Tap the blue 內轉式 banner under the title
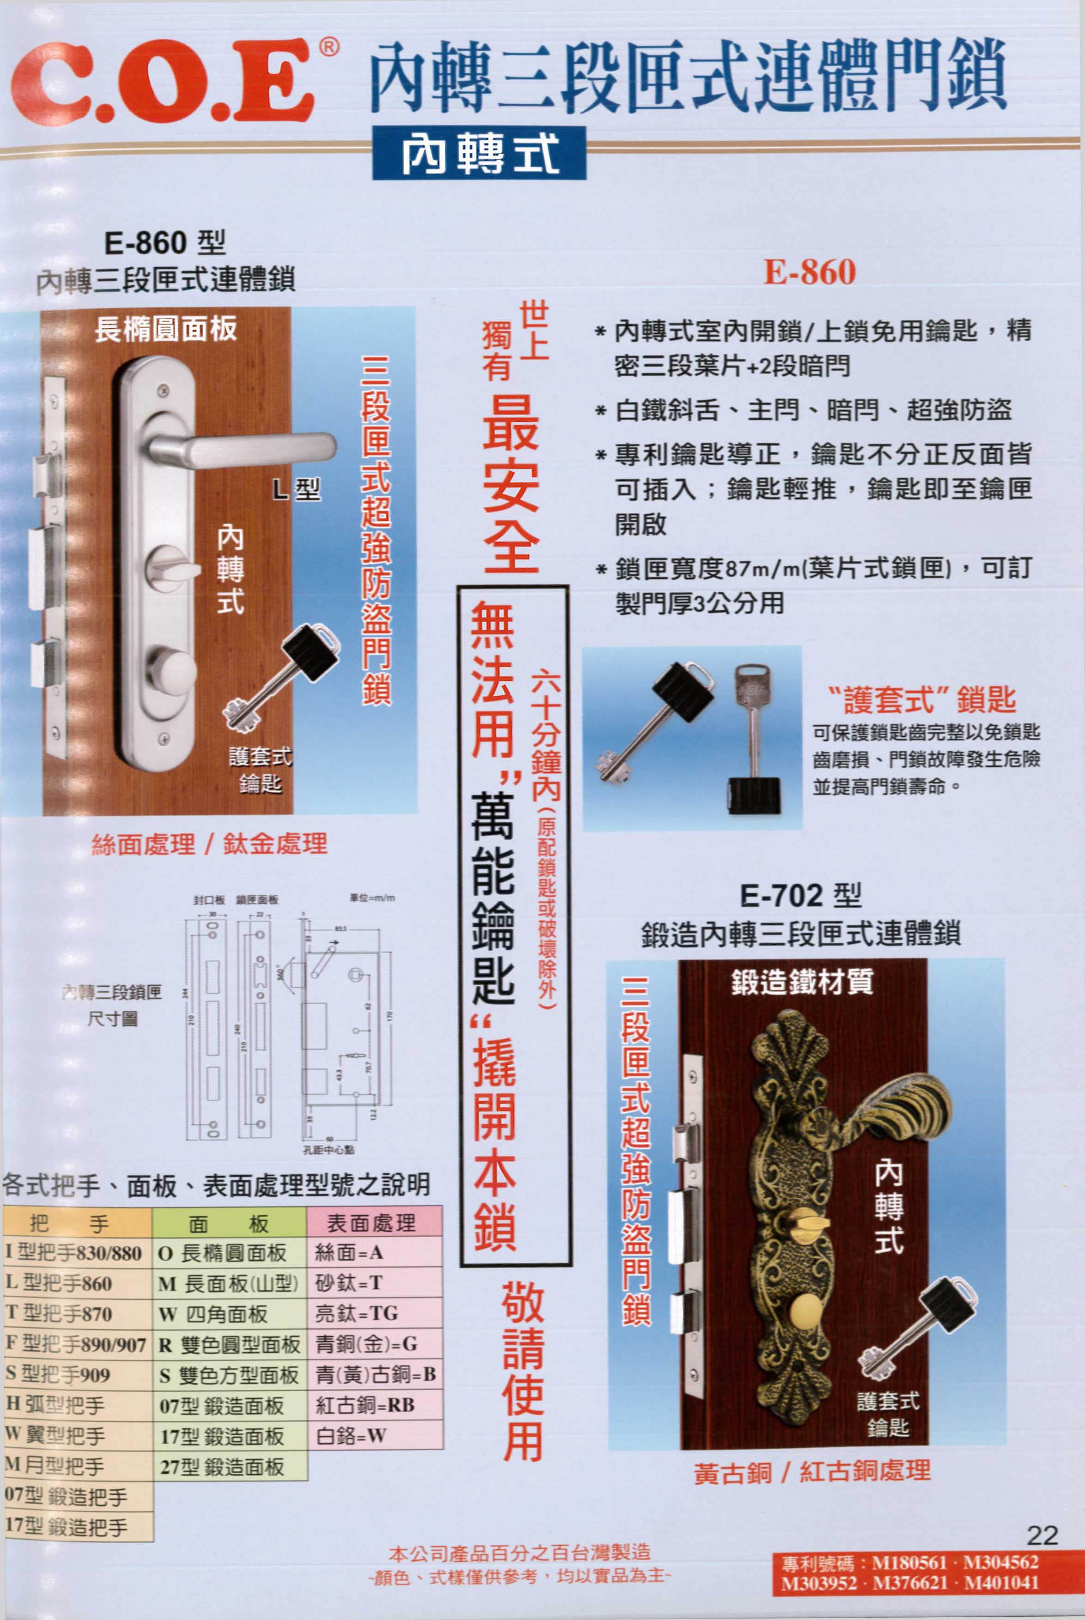479,154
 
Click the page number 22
1042,1535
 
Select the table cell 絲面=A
374,1253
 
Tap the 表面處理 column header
374,1223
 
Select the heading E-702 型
800,896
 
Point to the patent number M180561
909,1562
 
